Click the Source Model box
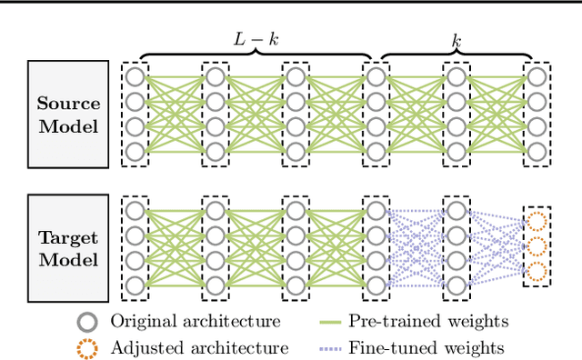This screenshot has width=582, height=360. [x=68, y=114]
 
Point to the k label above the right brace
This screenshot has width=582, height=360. [x=457, y=41]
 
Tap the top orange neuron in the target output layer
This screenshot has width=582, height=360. [x=537, y=222]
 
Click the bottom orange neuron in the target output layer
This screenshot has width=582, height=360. [x=537, y=272]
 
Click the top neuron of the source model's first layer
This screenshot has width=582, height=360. [x=135, y=75]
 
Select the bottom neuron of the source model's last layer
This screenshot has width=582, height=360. [x=537, y=151]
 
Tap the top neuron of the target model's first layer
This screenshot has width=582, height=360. [x=135, y=211]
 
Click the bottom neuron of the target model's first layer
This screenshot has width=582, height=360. [x=135, y=285]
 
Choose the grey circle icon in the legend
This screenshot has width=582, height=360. [x=87, y=321]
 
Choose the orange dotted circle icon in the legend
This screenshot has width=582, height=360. [x=87, y=346]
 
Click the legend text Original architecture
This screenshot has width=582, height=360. [x=195, y=321]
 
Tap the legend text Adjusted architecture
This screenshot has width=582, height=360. [x=199, y=347]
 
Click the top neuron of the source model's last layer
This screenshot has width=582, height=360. [x=537, y=75]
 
